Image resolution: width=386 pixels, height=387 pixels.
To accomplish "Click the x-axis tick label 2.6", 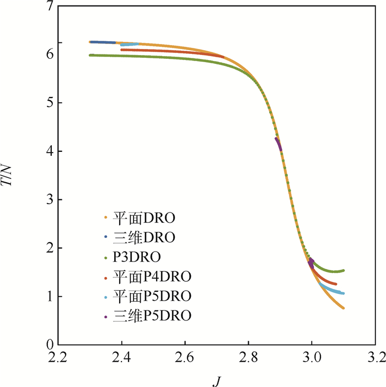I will tap(185, 358).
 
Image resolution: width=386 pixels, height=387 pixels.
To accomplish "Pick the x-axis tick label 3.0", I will tap(312, 358).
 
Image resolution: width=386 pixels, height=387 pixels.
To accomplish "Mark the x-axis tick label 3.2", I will tap(376, 358).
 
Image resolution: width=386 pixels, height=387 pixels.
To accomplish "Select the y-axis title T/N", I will tap(12, 176).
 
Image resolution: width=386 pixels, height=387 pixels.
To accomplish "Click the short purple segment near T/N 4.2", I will tap(278, 143).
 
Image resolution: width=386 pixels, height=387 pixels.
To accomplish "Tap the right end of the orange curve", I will tap(343, 308).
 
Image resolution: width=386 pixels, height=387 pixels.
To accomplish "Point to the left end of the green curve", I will tap(90, 55).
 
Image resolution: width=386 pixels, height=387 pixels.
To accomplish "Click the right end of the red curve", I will tap(335, 284).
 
